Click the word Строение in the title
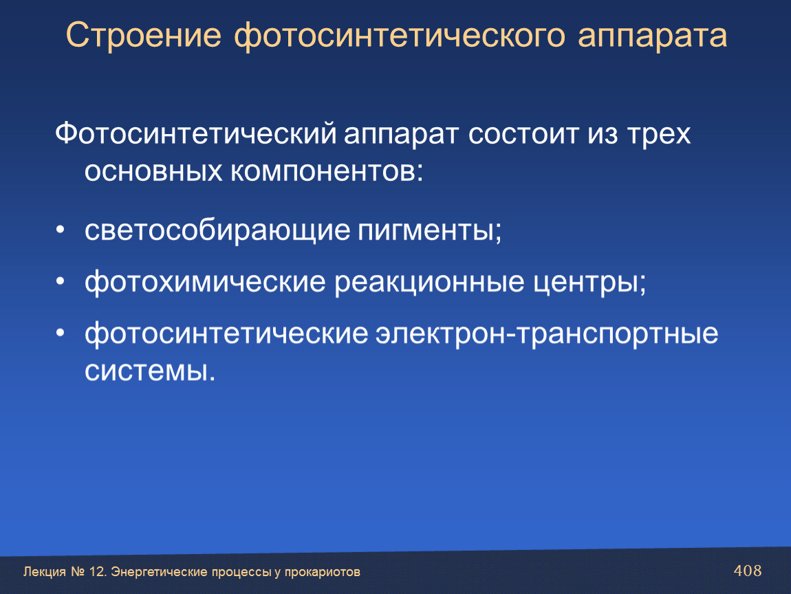click(x=143, y=35)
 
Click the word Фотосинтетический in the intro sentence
click(x=196, y=133)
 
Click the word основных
click(x=153, y=171)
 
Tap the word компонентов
click(x=327, y=171)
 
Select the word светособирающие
click(x=217, y=230)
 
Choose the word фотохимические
click(x=206, y=282)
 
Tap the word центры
click(x=589, y=283)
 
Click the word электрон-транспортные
click(x=547, y=334)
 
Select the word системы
click(x=150, y=372)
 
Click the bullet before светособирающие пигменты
click(x=61, y=230)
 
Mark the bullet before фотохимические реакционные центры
click(x=61, y=282)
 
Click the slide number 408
click(x=748, y=571)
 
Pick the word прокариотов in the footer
click(x=323, y=572)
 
